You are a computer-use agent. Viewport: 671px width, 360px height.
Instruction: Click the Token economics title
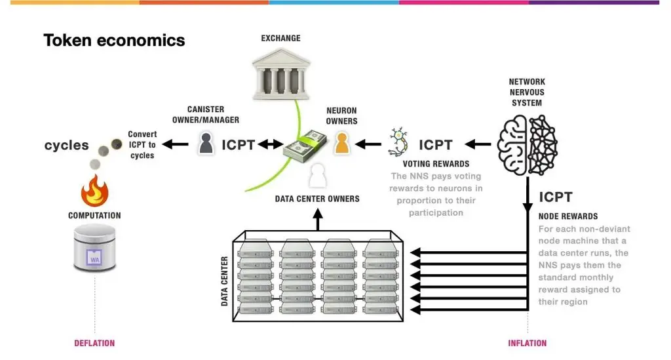(x=114, y=41)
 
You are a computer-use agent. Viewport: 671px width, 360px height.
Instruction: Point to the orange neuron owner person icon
(x=341, y=144)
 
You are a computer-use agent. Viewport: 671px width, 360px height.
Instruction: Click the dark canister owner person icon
(x=206, y=144)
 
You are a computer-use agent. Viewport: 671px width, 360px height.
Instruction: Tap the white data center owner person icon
(x=317, y=175)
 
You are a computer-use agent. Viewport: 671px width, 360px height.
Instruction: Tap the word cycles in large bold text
(x=66, y=145)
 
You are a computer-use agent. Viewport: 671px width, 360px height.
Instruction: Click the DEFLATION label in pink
(x=94, y=343)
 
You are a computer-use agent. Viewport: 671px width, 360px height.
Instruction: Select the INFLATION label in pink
(x=527, y=343)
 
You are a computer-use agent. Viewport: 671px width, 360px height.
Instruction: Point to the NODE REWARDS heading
(x=567, y=216)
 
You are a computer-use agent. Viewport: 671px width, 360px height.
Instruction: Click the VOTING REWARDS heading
(x=436, y=164)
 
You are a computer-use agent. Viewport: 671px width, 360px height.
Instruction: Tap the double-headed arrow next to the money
(x=269, y=144)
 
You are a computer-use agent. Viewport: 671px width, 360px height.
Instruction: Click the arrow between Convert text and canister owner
(x=176, y=144)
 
